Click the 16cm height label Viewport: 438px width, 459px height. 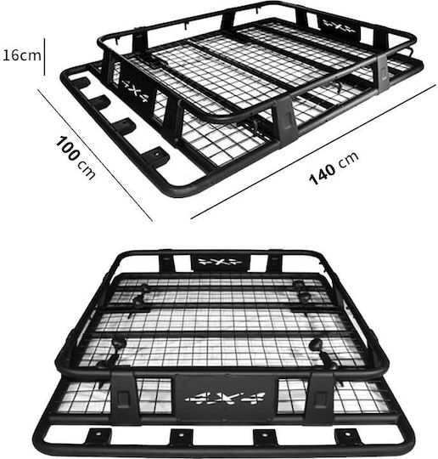pos(21,55)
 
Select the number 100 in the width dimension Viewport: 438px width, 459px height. pos(68,148)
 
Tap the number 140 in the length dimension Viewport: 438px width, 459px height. pos(322,174)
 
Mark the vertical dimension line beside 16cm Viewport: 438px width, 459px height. pos(44,56)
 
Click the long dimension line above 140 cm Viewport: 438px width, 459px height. pos(313,152)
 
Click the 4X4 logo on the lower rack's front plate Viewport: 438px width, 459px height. pos(225,399)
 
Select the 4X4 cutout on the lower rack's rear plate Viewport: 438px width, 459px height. pos(220,262)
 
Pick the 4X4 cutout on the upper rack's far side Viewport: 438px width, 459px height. pos(339,26)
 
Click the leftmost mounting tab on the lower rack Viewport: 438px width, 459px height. pos(98,436)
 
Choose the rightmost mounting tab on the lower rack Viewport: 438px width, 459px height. pos(349,436)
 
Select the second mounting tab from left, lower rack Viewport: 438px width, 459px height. pos(182,437)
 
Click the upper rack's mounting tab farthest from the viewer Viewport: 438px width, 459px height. pos(81,83)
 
